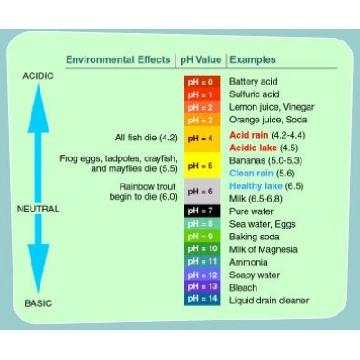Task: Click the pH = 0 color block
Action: point(202,82)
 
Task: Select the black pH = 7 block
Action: point(202,211)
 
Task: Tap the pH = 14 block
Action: point(202,299)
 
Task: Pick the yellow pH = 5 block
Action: point(202,166)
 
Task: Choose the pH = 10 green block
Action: point(202,248)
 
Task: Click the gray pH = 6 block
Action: point(202,192)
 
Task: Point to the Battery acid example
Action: point(254,82)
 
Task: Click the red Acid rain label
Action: point(249,135)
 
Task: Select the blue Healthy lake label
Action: point(256,186)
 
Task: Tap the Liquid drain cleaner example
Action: point(269,301)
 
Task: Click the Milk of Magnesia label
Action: point(264,249)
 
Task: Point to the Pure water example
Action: point(251,211)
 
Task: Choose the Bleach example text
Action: point(243,288)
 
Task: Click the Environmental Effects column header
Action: point(118,59)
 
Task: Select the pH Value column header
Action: point(201,59)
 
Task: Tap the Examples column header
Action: point(253,59)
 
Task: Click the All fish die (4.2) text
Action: point(147,138)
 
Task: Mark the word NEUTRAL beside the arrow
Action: point(38,209)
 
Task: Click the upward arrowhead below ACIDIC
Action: point(39,108)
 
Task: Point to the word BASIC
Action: point(39,303)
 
